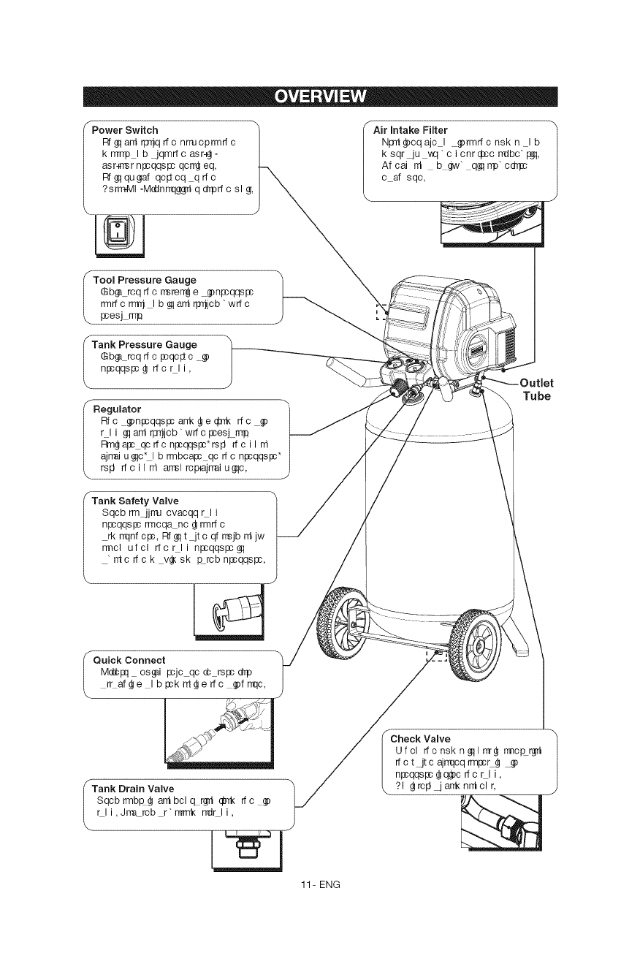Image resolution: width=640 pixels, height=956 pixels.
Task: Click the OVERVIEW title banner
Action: [320, 96]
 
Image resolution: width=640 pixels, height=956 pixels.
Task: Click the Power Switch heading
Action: [125, 130]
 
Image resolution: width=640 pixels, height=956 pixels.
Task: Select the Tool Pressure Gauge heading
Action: [145, 280]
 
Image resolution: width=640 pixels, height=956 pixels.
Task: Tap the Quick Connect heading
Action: [129, 660]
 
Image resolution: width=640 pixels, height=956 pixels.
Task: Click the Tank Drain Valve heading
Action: [133, 789]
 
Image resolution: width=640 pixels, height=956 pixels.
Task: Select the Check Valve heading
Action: [422, 738]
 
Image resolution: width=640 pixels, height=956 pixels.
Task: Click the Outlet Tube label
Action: [537, 389]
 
